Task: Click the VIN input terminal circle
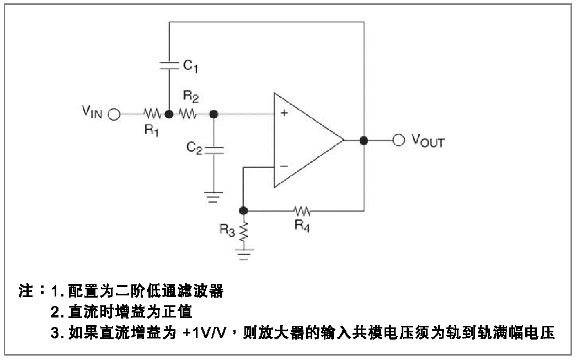114,115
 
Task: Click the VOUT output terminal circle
399,140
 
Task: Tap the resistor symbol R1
153,115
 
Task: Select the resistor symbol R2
188,115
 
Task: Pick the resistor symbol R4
302,210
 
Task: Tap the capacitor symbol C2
214,150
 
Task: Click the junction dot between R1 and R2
169,115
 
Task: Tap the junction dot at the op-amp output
364,140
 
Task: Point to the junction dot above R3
244,210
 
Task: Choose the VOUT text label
428,141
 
